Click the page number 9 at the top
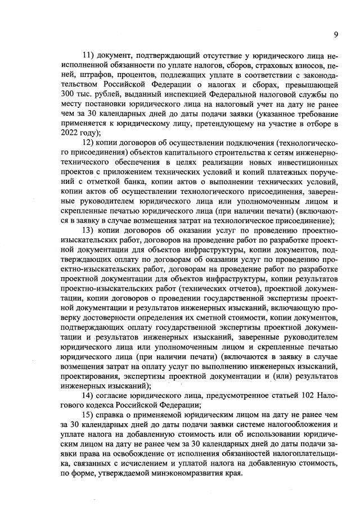pyautogui.click(x=335, y=34)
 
